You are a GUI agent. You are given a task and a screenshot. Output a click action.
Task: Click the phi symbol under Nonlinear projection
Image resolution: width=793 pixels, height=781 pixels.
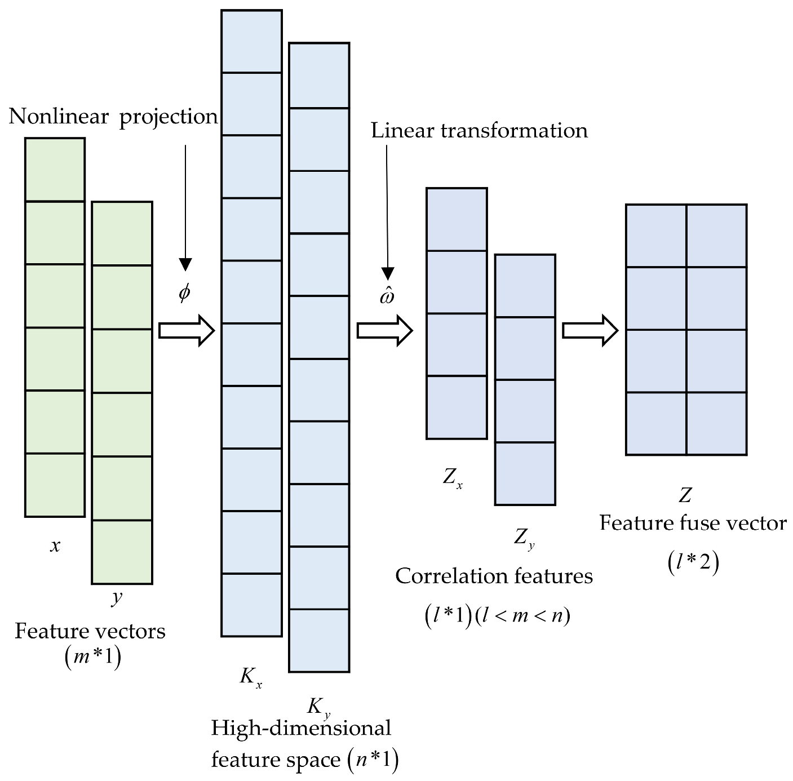(x=184, y=293)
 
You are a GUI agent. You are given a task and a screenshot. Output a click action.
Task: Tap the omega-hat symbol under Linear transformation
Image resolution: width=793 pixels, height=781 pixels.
(x=387, y=296)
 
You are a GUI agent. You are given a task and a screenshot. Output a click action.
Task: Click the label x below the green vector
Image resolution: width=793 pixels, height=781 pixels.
(x=55, y=545)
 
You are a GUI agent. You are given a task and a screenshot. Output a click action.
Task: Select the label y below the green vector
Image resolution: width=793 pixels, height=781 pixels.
(x=117, y=598)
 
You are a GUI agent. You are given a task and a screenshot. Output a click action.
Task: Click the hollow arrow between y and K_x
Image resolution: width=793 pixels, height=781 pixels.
(x=187, y=331)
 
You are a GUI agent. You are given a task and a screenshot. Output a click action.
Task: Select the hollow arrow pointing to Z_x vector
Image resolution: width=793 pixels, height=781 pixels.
(x=385, y=331)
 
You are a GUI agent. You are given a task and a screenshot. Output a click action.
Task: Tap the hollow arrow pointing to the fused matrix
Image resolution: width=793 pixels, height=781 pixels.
(x=590, y=331)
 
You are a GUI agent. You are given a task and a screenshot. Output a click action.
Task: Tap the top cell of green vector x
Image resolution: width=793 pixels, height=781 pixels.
(x=55, y=170)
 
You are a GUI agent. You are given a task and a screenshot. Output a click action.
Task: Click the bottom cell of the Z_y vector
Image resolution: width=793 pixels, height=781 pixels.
(x=525, y=473)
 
